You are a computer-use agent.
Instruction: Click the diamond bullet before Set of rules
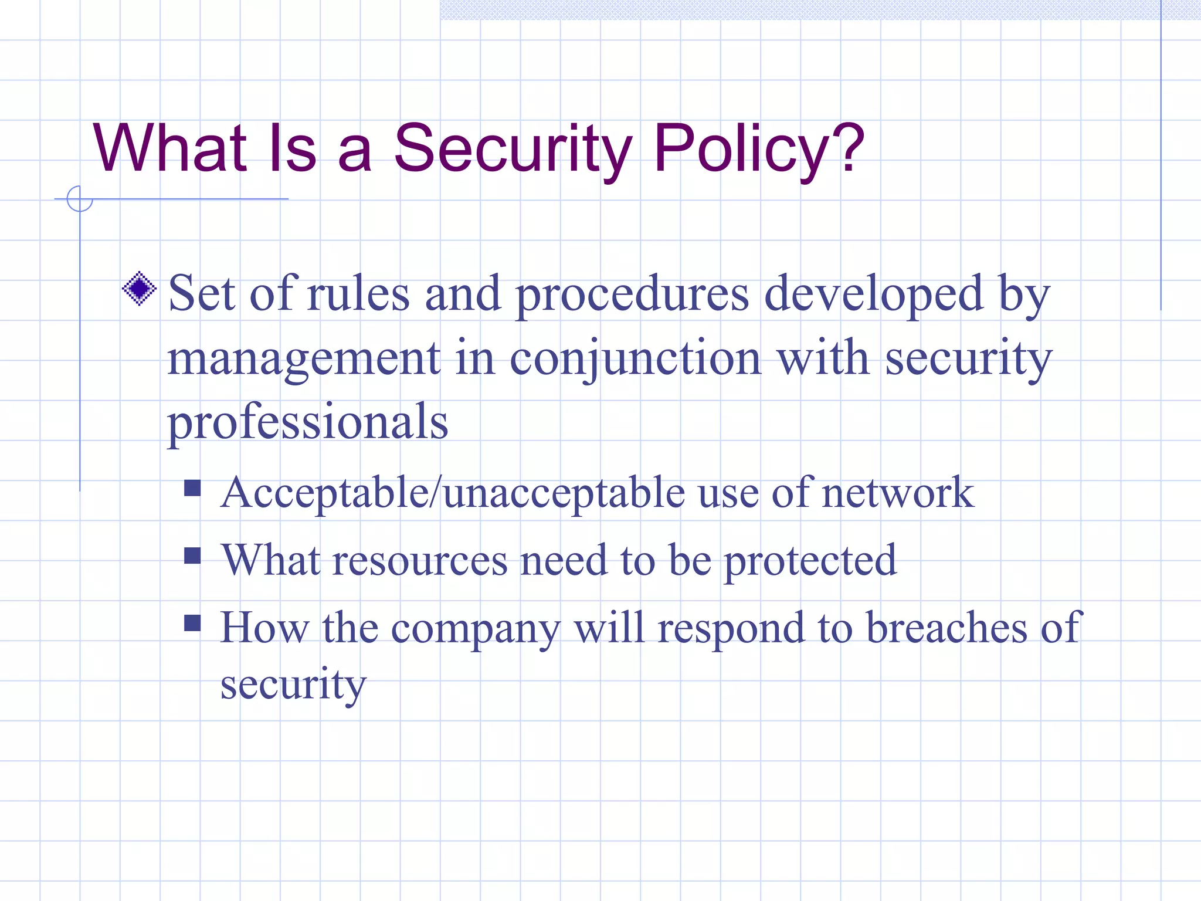coord(140,289)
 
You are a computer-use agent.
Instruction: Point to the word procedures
coord(632,295)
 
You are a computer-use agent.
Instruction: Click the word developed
coord(873,295)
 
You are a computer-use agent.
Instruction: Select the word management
coord(304,359)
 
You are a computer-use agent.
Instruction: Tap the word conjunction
coord(635,359)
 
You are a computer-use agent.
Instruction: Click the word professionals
coord(308,422)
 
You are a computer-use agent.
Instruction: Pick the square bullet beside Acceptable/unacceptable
coord(192,488)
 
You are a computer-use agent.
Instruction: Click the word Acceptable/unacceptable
coord(452,493)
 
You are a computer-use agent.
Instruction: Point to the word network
coord(898,493)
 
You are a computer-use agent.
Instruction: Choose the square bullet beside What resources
coord(192,555)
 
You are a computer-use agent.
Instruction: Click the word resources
coord(420,561)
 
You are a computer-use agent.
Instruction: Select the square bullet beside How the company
coord(192,622)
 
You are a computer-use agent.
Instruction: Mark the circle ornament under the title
coord(80,199)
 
